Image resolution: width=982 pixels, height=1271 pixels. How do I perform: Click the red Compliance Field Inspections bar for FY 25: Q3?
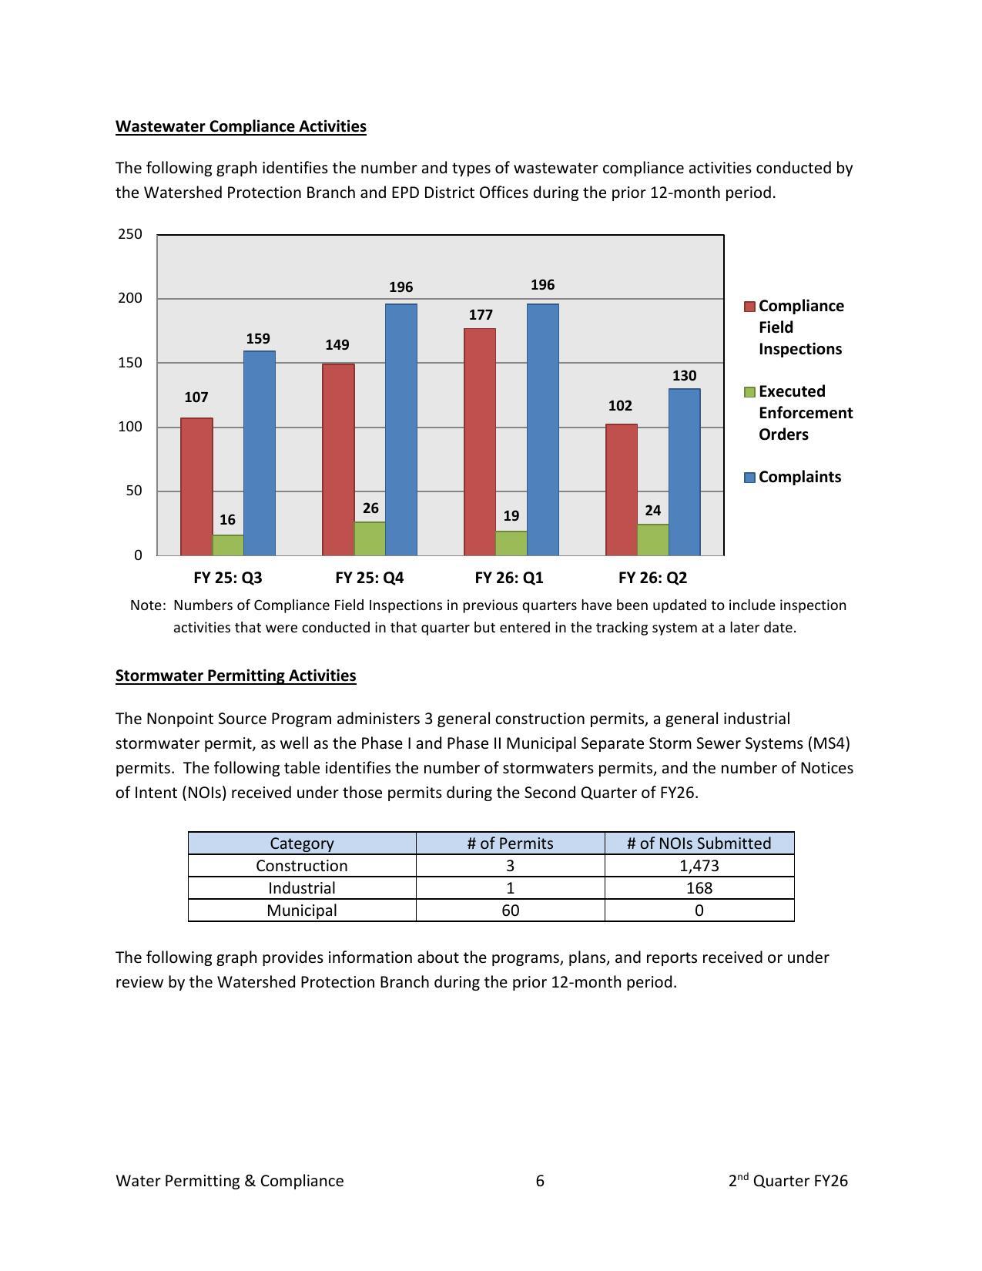(x=196, y=486)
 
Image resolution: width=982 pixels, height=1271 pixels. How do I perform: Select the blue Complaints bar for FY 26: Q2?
(x=684, y=471)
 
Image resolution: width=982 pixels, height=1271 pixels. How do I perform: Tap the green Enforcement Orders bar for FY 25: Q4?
(x=370, y=538)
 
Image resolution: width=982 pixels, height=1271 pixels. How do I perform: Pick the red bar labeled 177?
(x=480, y=441)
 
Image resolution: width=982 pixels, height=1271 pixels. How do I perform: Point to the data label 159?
(x=258, y=339)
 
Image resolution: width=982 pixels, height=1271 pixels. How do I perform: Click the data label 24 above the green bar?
(x=652, y=511)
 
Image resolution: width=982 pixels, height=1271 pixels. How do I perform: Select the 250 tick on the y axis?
(x=130, y=234)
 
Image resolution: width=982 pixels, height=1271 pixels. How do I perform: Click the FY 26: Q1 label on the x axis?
(x=509, y=578)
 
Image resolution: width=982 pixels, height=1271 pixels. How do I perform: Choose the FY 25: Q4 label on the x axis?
(x=370, y=578)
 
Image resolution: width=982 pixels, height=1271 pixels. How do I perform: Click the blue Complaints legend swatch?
(x=749, y=478)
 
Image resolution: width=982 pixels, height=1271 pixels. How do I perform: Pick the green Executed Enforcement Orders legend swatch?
(x=749, y=392)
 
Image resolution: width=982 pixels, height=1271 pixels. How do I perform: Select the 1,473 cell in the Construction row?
(x=699, y=866)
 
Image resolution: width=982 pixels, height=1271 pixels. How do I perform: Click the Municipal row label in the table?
(x=302, y=910)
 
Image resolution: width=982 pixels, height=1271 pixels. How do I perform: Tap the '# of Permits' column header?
(x=510, y=843)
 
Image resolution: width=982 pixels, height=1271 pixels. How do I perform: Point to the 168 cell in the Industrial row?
(x=699, y=888)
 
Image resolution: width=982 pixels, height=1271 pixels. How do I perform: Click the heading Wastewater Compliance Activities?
(x=241, y=126)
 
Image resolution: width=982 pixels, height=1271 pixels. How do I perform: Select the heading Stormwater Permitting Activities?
(x=236, y=676)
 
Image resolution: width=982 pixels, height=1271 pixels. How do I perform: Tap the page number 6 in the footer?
(x=540, y=1181)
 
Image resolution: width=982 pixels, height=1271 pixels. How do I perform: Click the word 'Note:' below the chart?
(x=148, y=605)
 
